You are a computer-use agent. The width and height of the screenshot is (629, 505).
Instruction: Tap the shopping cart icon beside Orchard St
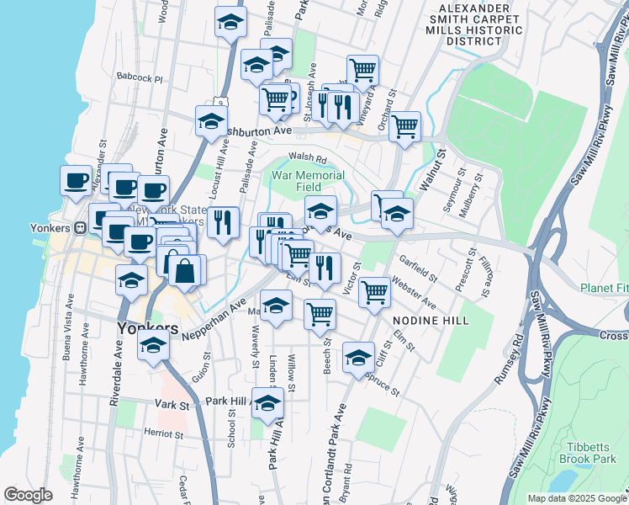point(404,127)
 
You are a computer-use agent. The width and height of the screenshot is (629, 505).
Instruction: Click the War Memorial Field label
point(309,181)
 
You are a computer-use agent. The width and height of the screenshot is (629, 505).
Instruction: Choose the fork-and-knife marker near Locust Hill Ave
point(223,222)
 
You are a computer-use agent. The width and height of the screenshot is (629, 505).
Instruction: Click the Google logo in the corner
point(28,495)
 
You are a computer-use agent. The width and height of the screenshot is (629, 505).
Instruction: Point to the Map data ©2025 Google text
point(576,498)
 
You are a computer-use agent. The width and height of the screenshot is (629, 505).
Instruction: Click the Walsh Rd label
point(307,157)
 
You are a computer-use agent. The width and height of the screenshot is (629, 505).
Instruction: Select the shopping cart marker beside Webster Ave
point(374,292)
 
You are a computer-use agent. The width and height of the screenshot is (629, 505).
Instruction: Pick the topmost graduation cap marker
point(230,23)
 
